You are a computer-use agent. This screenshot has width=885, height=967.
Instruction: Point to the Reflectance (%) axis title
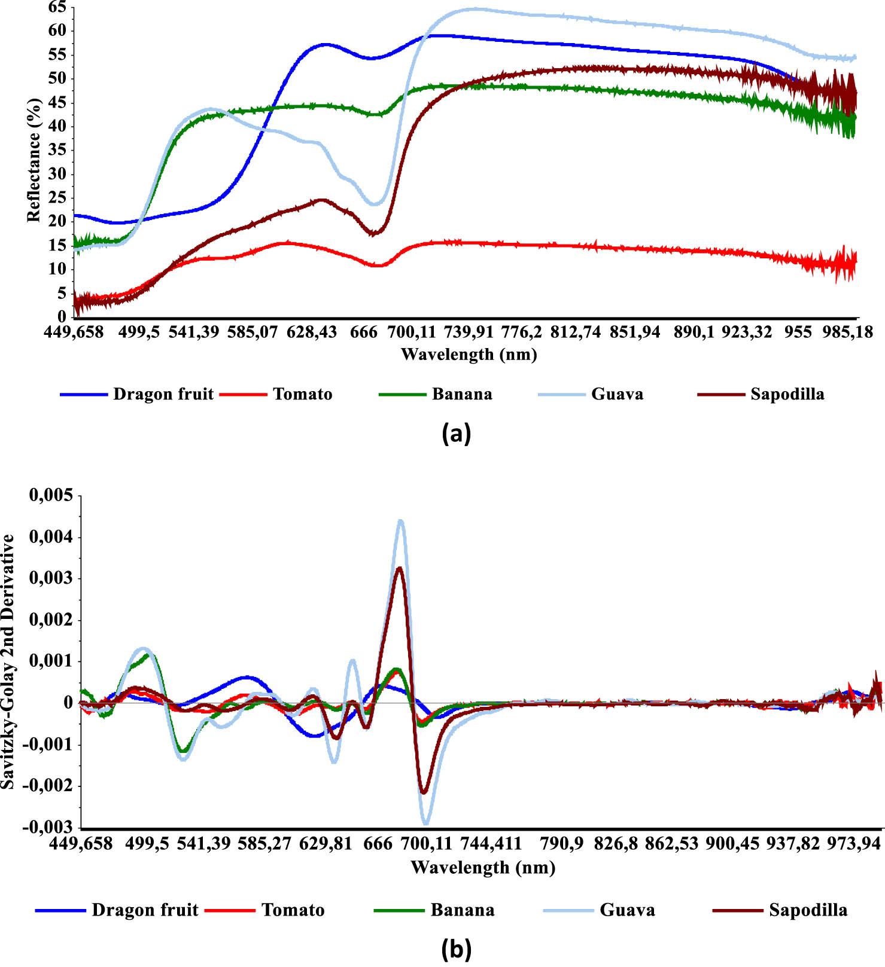(x=34, y=160)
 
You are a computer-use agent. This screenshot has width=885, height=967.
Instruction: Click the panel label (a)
(x=456, y=434)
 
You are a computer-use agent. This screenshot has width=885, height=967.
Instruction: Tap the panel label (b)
(x=456, y=949)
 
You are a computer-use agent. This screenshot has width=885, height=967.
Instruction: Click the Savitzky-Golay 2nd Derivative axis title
(x=8, y=661)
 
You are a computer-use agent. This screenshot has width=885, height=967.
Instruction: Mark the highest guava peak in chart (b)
(x=400, y=521)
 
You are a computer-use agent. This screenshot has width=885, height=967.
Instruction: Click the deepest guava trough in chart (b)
(x=426, y=823)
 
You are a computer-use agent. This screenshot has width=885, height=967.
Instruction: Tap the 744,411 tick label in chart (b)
(x=491, y=844)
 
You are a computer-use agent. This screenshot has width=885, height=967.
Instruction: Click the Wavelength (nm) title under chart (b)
(x=483, y=867)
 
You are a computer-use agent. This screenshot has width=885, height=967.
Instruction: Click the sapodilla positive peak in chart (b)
(x=399, y=568)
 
